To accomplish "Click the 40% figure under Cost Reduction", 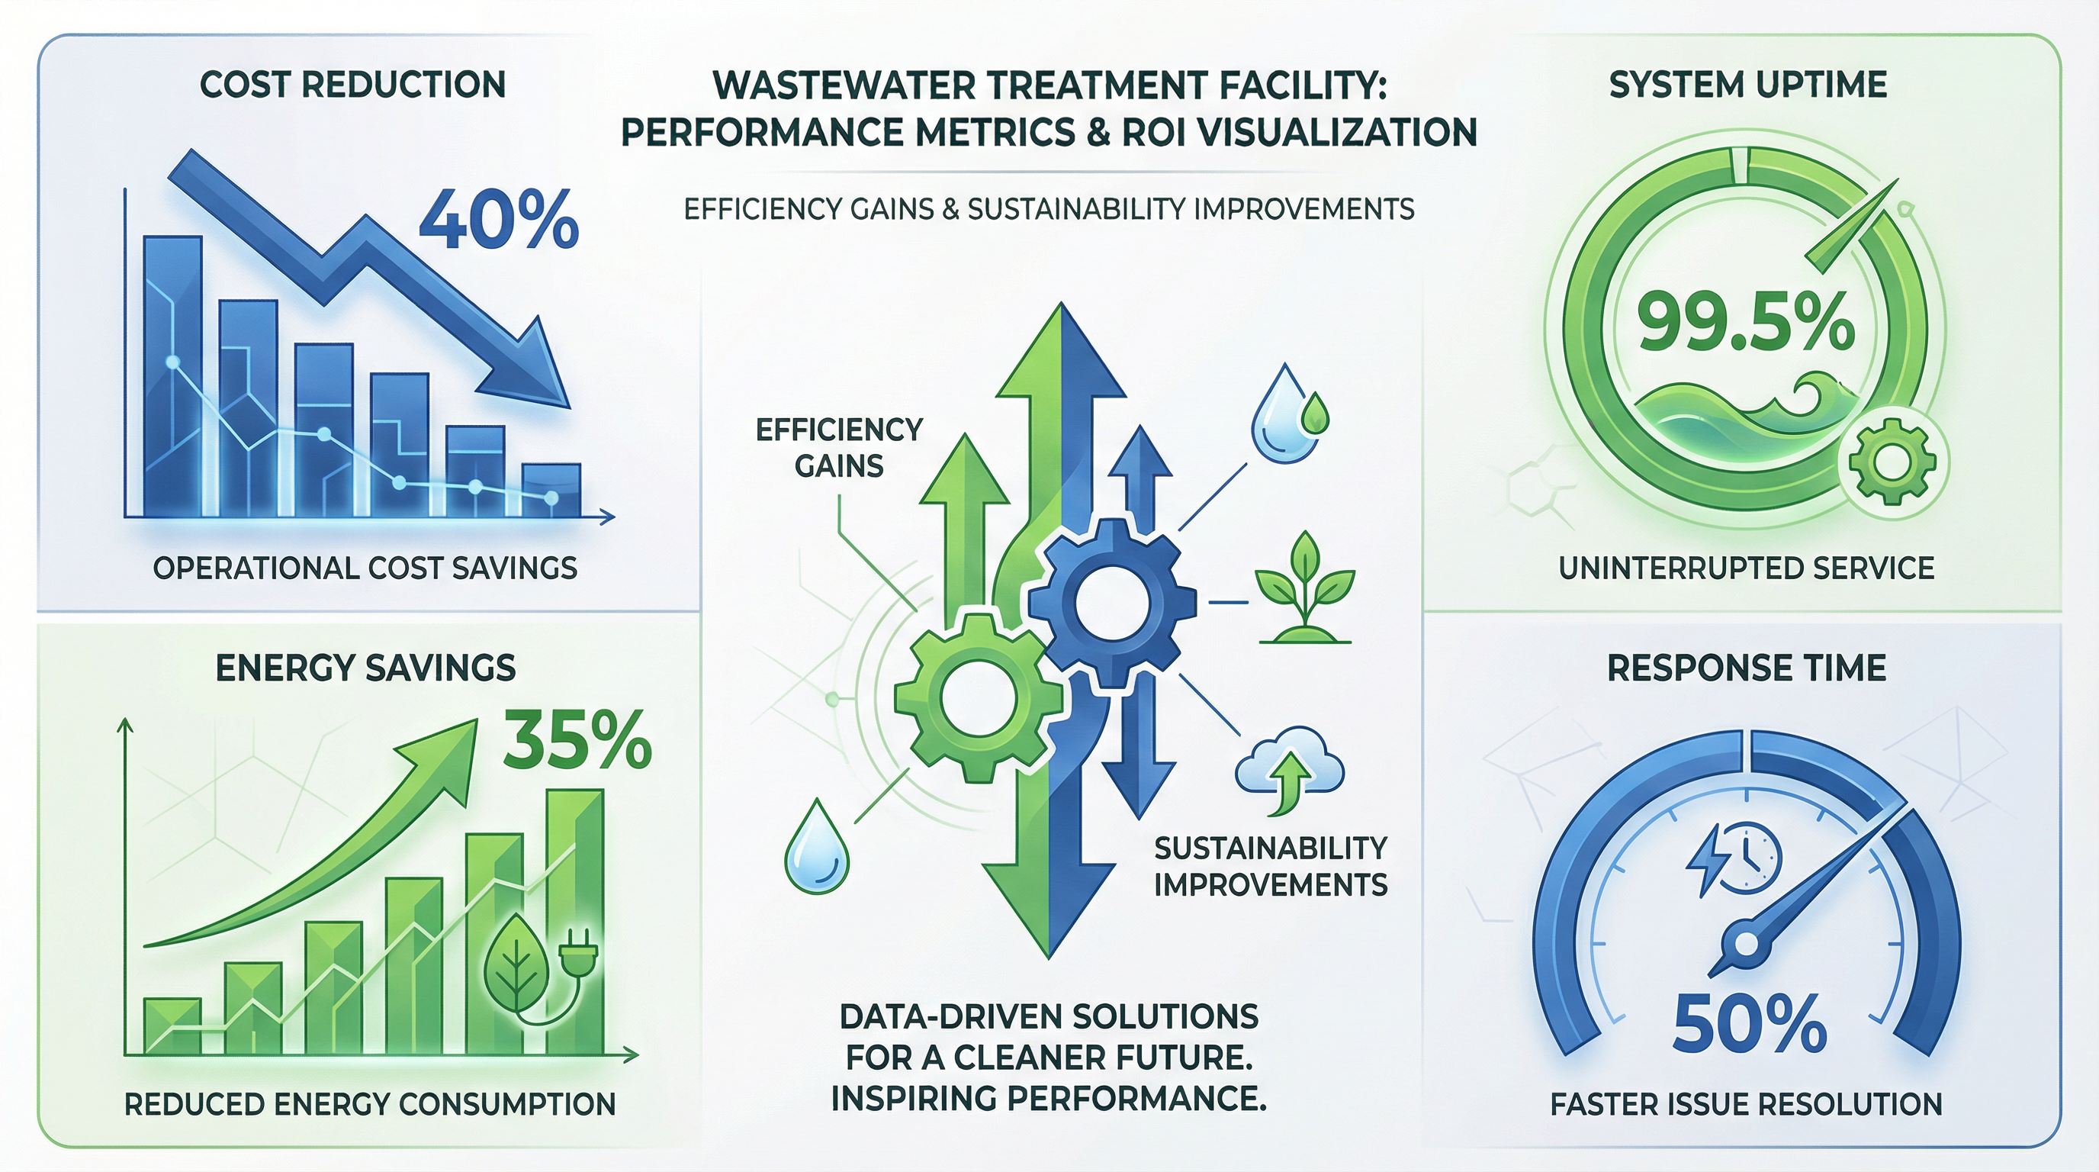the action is [x=498, y=220].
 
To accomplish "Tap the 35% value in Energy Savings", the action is [x=577, y=740].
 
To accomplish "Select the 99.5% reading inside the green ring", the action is [x=1746, y=323].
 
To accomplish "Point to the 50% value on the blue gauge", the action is [x=1748, y=1024].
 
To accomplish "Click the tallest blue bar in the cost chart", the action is [x=172, y=375].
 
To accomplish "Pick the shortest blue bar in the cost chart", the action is [x=551, y=490].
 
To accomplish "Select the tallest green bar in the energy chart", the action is [x=575, y=922].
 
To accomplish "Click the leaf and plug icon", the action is [x=538, y=969].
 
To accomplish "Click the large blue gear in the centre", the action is [x=1111, y=604].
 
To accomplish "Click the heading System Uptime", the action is [x=1748, y=85].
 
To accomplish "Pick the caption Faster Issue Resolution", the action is [x=1746, y=1104].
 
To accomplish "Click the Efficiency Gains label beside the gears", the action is [x=839, y=447].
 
